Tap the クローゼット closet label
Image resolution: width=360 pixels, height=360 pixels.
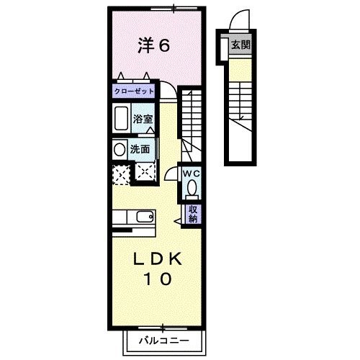[x=134, y=92]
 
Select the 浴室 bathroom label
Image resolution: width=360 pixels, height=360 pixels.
[x=142, y=118]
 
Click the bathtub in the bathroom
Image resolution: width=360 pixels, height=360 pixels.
[x=122, y=118]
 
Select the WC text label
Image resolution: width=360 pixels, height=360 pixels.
[x=191, y=174]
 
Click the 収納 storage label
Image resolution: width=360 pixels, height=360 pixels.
[x=193, y=213]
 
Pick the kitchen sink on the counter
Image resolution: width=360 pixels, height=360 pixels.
[x=143, y=216]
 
